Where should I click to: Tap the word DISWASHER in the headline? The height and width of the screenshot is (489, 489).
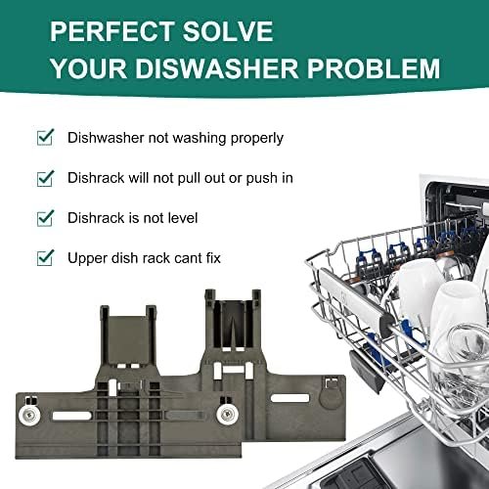[216, 68]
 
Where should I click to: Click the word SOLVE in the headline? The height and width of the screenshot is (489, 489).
[228, 31]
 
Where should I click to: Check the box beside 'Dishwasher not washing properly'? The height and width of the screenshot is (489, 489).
[45, 137]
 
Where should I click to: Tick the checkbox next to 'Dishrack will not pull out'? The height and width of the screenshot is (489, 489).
[45, 178]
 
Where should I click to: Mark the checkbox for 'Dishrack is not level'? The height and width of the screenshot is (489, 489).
[45, 218]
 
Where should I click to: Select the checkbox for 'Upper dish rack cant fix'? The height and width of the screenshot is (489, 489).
[45, 258]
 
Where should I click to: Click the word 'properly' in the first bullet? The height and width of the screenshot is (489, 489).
[257, 139]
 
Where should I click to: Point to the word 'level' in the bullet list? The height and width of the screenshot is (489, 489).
[183, 218]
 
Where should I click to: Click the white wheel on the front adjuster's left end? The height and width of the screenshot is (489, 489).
[29, 415]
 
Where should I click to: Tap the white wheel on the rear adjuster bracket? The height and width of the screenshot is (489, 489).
[227, 415]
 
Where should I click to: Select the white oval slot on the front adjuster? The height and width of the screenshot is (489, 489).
[72, 416]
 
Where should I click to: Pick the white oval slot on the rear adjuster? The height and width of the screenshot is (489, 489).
[289, 398]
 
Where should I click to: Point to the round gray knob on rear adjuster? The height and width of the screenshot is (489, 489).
[331, 398]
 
